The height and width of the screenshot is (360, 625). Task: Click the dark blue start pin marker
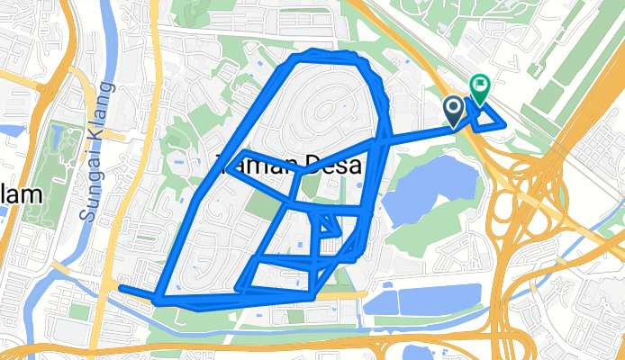pos(453,110)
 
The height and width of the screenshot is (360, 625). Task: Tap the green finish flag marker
pos(479,87)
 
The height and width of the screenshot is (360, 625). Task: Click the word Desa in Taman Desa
pos(334,166)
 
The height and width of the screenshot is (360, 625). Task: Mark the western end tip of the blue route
pos(121,288)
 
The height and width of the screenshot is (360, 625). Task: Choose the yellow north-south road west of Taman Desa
pos(154,135)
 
